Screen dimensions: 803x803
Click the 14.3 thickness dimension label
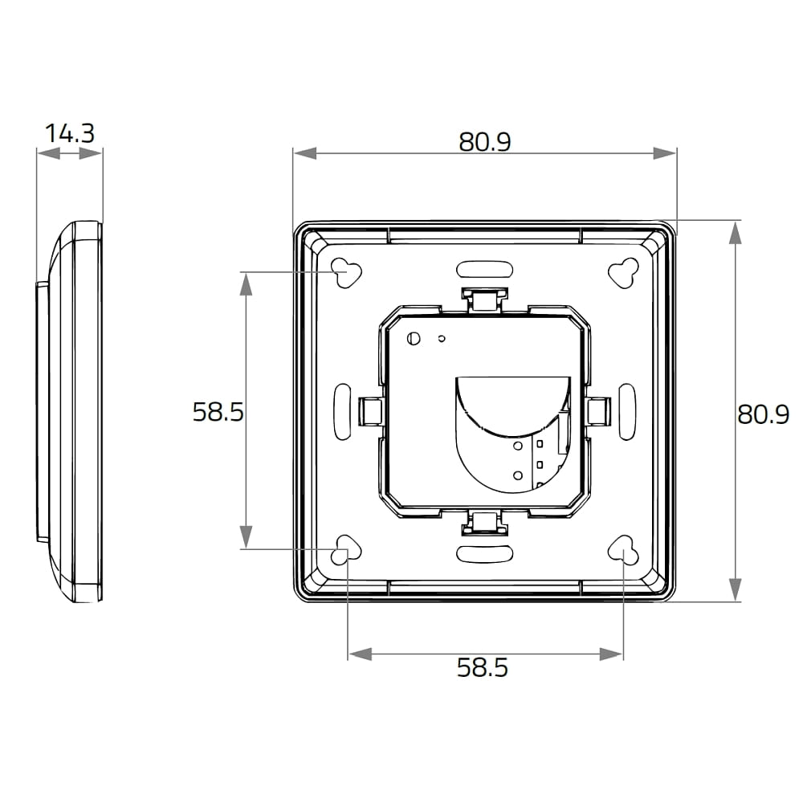[70, 133]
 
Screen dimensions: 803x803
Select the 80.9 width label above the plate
[484, 141]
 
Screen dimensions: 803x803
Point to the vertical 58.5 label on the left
[218, 411]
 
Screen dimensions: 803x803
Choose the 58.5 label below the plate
[483, 668]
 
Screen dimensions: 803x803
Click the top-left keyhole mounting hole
[347, 272]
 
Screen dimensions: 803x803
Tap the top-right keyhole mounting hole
[624, 272]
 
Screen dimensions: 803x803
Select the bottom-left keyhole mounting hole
[347, 549]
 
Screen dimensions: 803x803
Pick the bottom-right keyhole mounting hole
[624, 549]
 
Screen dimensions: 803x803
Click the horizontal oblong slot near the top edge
[484, 269]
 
